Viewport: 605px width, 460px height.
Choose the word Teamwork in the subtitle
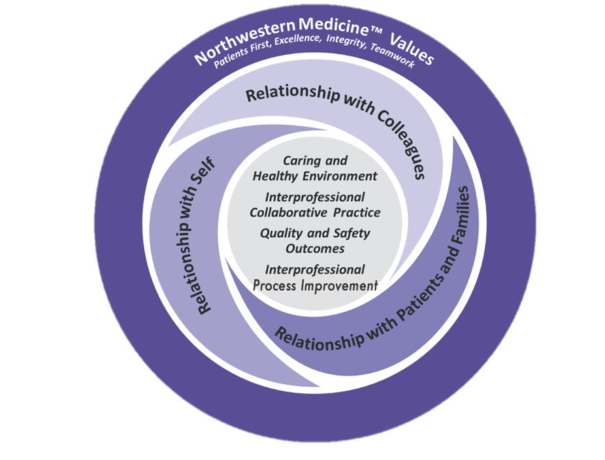point(399,64)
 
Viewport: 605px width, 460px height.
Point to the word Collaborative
point(286,213)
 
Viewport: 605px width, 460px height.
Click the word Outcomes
point(314,248)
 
